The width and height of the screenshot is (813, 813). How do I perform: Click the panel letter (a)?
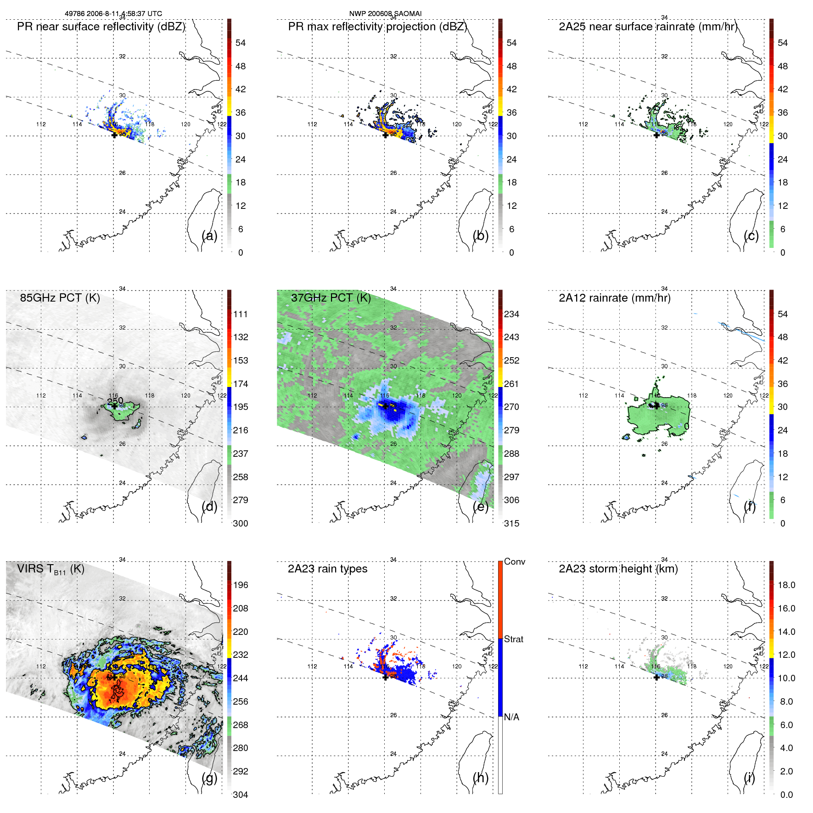point(209,236)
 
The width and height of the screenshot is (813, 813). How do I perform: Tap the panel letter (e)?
point(481,507)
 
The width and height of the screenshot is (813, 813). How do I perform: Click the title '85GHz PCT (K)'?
point(60,298)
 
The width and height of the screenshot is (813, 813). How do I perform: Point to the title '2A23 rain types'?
point(327,569)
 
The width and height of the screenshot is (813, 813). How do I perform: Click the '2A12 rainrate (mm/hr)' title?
point(614,298)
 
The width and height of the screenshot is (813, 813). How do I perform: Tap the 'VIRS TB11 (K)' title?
point(50,569)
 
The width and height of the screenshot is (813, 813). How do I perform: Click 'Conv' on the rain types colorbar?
point(515,561)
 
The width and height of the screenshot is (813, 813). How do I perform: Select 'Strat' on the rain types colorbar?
point(514,639)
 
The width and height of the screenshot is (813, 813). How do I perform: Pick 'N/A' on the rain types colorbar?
point(511,717)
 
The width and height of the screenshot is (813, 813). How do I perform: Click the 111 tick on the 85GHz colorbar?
point(241,314)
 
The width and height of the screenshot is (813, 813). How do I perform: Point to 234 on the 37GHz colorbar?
point(511,314)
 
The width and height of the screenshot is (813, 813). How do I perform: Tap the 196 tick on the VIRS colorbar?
point(241,585)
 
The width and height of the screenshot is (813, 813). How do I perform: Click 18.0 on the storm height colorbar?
point(786,585)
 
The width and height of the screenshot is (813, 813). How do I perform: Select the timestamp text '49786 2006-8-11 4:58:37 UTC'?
point(113,14)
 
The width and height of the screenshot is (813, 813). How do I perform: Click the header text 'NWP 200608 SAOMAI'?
point(385,14)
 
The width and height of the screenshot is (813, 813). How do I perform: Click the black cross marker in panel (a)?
point(114,135)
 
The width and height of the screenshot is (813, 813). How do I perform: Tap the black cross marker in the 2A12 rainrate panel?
point(657,405)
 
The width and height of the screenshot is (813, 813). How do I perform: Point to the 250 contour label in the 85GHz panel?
point(115,401)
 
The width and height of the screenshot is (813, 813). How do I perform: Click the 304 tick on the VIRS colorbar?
point(241,795)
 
